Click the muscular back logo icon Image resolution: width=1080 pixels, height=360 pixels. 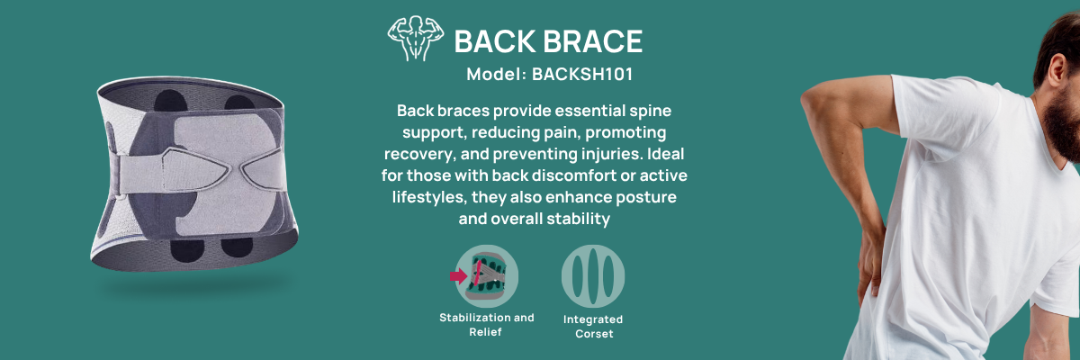(x=415, y=38)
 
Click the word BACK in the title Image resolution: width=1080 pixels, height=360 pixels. (x=495, y=41)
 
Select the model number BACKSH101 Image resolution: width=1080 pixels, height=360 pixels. (x=582, y=74)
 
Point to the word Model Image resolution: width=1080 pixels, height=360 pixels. (x=496, y=74)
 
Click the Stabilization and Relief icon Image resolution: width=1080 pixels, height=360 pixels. (x=487, y=276)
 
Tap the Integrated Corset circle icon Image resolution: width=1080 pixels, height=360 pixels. (x=593, y=276)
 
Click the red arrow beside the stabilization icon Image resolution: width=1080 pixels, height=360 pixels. (x=458, y=276)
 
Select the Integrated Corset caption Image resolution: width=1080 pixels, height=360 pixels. (x=593, y=327)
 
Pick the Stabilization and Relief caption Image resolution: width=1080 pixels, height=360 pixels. (x=487, y=324)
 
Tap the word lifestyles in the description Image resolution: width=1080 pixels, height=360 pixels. (x=429, y=197)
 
